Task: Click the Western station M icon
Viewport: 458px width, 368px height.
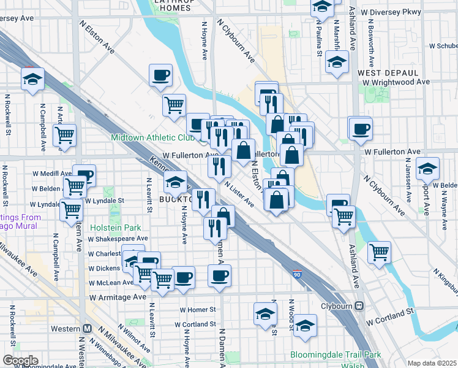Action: click(88, 328)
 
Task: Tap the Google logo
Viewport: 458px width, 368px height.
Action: click(20, 360)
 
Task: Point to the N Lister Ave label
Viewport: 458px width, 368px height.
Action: click(239, 193)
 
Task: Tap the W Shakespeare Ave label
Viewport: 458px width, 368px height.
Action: click(118, 239)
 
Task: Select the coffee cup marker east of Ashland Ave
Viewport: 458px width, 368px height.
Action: click(360, 128)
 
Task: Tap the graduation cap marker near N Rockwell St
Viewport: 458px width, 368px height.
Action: click(32, 79)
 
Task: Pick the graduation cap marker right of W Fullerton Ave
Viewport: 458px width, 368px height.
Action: click(427, 168)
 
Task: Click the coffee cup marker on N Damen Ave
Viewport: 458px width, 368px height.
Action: click(220, 275)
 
